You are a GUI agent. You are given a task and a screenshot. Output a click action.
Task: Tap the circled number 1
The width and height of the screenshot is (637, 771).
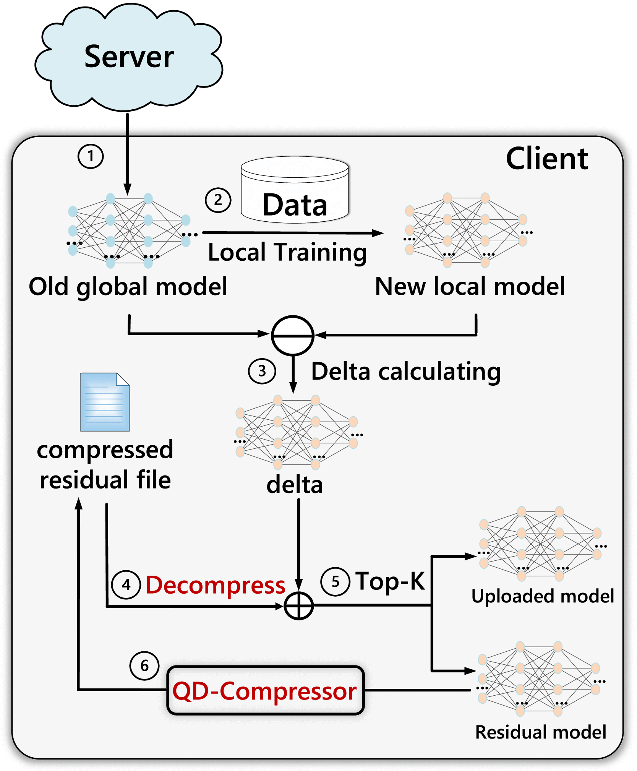91,156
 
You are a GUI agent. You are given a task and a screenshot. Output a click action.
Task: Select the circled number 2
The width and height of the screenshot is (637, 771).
218,200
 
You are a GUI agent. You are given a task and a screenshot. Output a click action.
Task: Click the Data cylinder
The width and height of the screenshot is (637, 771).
295,190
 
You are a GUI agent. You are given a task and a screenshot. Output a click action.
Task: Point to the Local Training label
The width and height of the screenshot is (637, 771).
287,252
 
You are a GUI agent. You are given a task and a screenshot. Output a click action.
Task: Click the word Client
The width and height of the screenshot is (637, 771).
547,159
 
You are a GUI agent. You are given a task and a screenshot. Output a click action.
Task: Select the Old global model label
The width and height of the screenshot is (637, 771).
128,287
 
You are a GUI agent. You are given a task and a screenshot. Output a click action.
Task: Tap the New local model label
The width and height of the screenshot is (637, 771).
470,286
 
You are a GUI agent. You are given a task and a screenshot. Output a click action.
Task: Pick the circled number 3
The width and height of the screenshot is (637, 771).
262,371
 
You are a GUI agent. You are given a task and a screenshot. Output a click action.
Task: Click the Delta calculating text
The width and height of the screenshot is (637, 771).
406,372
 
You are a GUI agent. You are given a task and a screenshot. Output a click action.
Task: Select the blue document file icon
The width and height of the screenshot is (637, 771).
105,402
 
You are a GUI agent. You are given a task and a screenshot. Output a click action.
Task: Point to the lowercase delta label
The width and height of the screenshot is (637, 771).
295,485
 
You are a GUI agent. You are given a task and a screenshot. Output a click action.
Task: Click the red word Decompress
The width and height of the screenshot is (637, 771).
216,585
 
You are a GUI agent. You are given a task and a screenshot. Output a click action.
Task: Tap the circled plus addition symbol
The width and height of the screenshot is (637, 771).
299,606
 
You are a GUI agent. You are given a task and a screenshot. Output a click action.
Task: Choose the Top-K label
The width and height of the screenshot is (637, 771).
390,581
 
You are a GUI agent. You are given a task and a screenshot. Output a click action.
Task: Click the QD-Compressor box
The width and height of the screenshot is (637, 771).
265,691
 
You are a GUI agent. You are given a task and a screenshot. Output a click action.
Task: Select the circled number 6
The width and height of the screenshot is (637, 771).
144,665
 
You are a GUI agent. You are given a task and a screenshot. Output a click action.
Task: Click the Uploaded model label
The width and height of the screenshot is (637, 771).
543,596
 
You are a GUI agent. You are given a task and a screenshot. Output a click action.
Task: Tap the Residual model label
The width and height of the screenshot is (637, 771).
541,732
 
